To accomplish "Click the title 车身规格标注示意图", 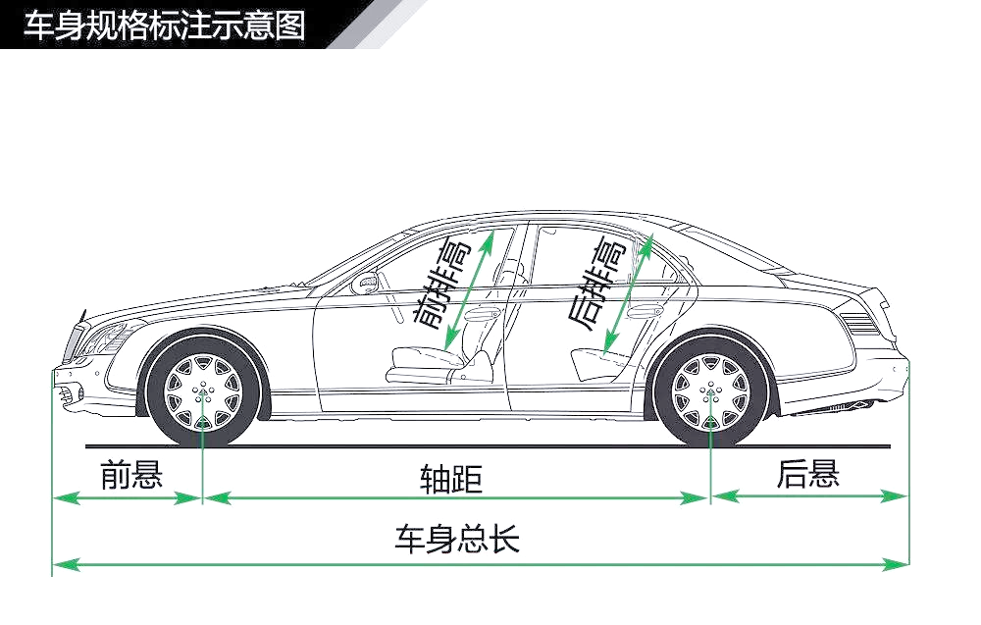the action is (x=164, y=26).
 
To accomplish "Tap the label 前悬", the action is (x=131, y=474).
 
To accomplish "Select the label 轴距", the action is (x=451, y=479).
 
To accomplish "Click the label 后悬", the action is (x=807, y=473).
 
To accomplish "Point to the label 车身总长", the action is (x=457, y=538).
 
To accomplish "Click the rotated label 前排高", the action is (x=442, y=287).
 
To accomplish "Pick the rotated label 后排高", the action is (x=596, y=285).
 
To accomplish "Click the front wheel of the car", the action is (x=203, y=392).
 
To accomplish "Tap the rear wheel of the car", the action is (x=710, y=392).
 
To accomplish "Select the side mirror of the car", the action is (x=365, y=284).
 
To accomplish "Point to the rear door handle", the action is (x=645, y=310).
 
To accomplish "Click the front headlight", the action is (x=106, y=339).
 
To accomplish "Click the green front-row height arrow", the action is (x=469, y=289).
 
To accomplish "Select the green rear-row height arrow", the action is (x=628, y=295).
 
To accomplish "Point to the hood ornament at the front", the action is (x=82, y=316).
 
